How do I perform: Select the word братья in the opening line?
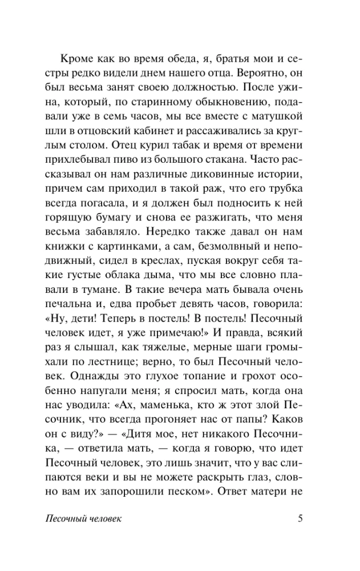point(213,59)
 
